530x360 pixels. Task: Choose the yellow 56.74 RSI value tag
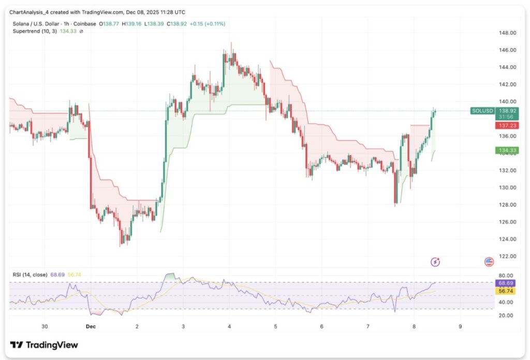coord(506,292)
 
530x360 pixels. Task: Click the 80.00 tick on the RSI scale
coord(506,276)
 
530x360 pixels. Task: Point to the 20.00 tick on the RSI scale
coord(506,315)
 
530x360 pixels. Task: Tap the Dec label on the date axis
coord(91,327)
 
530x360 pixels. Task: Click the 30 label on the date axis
coord(45,327)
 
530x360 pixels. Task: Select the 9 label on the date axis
coord(460,327)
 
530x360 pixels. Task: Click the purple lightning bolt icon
coord(435,262)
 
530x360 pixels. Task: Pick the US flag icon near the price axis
coord(489,262)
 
